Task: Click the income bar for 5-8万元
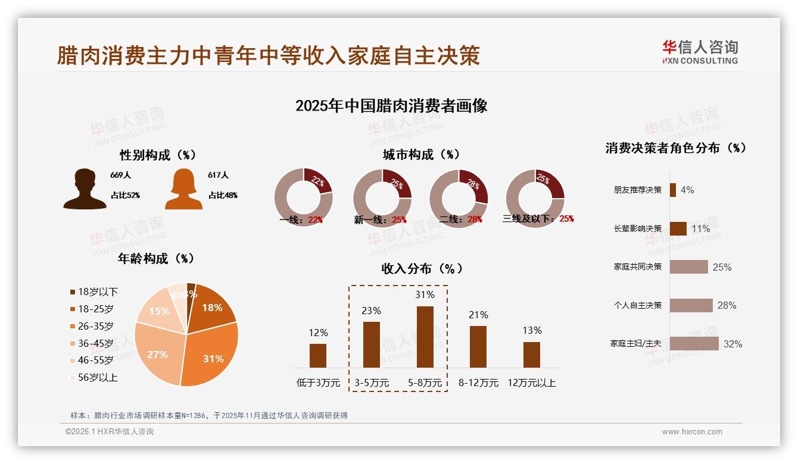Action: (425, 337)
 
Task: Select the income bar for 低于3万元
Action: (318, 355)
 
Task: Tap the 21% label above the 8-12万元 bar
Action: (478, 315)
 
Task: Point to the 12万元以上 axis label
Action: (531, 383)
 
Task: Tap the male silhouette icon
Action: (85, 189)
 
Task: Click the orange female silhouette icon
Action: (183, 189)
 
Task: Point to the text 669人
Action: (120, 175)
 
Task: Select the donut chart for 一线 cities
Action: (303, 197)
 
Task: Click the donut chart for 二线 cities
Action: (459, 197)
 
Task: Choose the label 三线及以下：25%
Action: (538, 219)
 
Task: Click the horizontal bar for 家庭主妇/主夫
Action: (694, 343)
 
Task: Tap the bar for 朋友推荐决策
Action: (672, 190)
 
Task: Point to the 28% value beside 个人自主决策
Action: (727, 305)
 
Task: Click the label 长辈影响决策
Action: (637, 228)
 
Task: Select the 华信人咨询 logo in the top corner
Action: (700, 52)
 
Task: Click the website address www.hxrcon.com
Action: (691, 432)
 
